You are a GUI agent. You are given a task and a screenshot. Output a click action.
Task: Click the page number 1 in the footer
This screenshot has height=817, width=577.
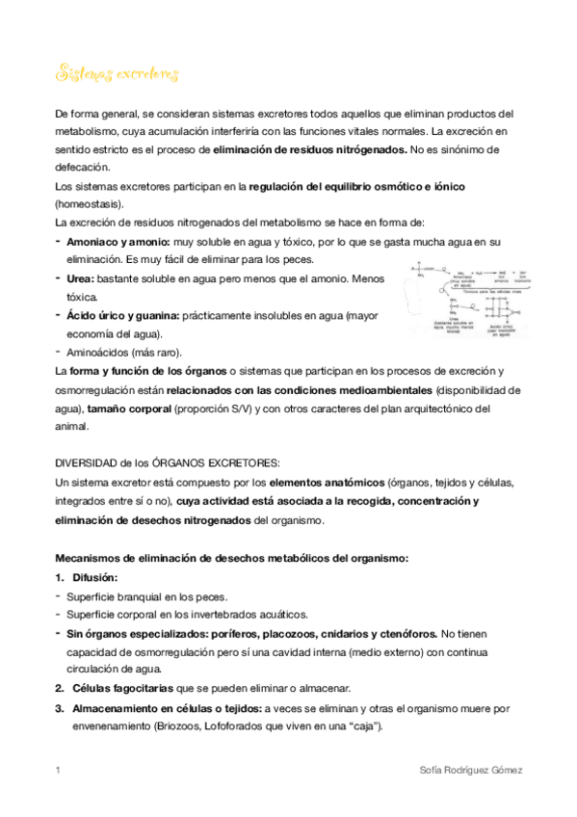(58, 770)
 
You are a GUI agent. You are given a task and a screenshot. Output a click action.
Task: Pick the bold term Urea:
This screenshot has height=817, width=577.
(81, 278)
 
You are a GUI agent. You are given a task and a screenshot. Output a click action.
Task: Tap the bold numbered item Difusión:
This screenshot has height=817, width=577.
(94, 577)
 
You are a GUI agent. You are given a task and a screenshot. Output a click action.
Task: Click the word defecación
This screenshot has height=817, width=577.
(82, 167)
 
